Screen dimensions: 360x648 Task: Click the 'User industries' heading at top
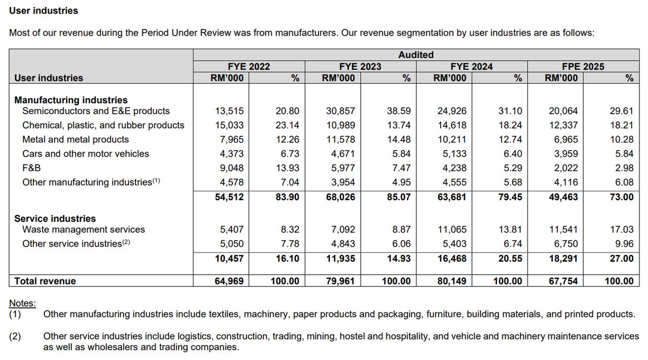pyautogui.click(x=44, y=10)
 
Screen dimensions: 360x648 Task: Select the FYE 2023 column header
pyautogui.click(x=360, y=66)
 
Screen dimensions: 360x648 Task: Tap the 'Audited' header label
pyautogui.click(x=416, y=55)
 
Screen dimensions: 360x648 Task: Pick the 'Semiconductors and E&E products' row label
pyautogui.click(x=96, y=111)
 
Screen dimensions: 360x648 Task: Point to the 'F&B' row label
pyautogui.click(x=32, y=168)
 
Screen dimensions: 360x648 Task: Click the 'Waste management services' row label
pyautogui.click(x=84, y=229)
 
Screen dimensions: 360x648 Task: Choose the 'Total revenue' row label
pyautogui.click(x=45, y=281)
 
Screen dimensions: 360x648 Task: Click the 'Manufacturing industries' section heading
pyautogui.click(x=71, y=100)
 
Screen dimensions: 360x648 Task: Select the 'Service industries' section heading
pyautogui.click(x=55, y=219)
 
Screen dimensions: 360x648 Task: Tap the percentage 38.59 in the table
pyautogui.click(x=399, y=111)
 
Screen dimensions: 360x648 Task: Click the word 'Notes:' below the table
pyautogui.click(x=23, y=303)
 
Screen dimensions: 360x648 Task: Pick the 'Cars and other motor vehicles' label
pyautogui.click(x=85, y=154)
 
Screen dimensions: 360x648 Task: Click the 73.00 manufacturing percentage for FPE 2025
pyautogui.click(x=621, y=197)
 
